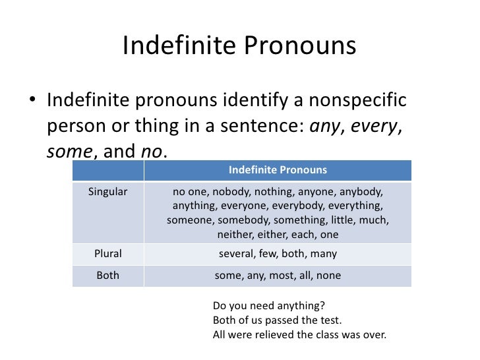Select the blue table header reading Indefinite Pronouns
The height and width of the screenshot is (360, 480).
tap(278, 170)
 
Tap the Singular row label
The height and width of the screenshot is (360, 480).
tap(107, 191)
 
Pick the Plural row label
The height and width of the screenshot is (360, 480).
tap(107, 253)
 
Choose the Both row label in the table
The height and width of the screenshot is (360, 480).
tap(107, 276)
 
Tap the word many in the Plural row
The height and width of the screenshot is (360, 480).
tap(324, 253)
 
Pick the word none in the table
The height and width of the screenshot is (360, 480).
tap(328, 276)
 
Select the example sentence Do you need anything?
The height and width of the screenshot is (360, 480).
tap(269, 307)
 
